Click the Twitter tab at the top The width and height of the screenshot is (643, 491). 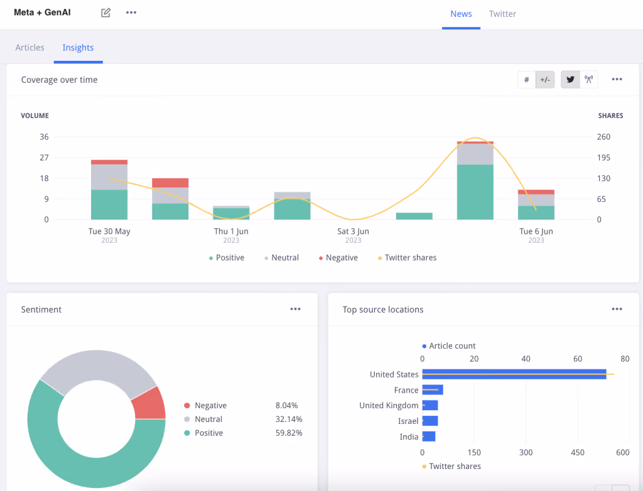tap(502, 14)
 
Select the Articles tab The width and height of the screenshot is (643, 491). tap(30, 48)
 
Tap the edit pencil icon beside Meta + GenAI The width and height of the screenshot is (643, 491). tap(105, 13)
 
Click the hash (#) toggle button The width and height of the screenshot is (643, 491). tap(527, 80)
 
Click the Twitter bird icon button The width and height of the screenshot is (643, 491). tap(570, 80)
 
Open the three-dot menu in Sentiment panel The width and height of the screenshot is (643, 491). tap(295, 309)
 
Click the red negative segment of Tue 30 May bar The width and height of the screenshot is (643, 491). tap(109, 162)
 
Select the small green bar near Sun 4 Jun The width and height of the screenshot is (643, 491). tap(414, 216)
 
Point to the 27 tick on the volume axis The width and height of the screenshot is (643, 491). tap(44, 157)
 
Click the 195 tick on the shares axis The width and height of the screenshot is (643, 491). tap(603, 157)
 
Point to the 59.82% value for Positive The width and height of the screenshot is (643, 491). tap(289, 433)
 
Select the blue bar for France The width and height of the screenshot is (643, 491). tap(433, 390)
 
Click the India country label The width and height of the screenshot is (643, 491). tap(409, 437)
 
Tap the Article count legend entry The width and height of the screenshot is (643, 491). tap(449, 346)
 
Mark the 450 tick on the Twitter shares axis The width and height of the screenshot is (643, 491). tap(578, 453)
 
